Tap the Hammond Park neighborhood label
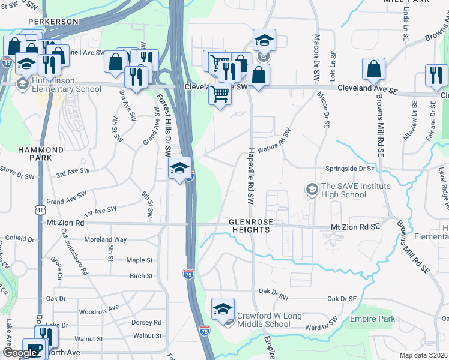41,154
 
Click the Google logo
20,353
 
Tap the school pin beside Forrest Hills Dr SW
179,169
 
